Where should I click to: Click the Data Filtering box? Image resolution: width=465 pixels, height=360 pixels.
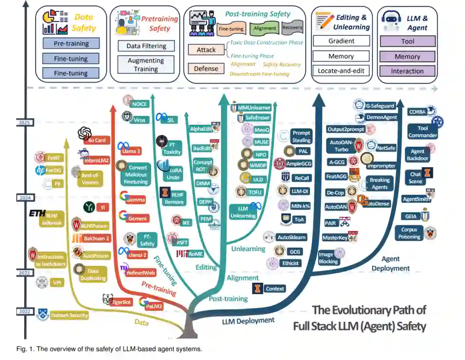click(x=146, y=46)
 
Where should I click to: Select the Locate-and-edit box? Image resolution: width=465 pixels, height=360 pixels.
click(x=341, y=71)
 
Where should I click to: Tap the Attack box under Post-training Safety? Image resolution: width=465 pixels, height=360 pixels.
click(x=206, y=50)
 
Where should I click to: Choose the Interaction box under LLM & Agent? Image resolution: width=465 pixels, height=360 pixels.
click(x=407, y=71)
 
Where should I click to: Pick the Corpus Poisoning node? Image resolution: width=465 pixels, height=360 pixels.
click(x=409, y=234)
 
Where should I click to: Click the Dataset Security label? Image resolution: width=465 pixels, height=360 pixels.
click(x=69, y=315)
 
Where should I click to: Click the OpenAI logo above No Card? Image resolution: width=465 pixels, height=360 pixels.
click(x=85, y=133)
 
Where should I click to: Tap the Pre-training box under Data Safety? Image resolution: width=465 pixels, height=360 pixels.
click(x=71, y=43)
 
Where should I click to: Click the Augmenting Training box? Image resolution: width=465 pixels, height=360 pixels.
click(x=146, y=65)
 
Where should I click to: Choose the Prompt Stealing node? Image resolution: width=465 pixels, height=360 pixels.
click(x=301, y=137)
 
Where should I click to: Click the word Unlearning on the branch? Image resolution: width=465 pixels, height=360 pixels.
click(x=248, y=249)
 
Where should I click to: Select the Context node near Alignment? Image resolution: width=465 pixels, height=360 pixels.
click(x=274, y=289)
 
